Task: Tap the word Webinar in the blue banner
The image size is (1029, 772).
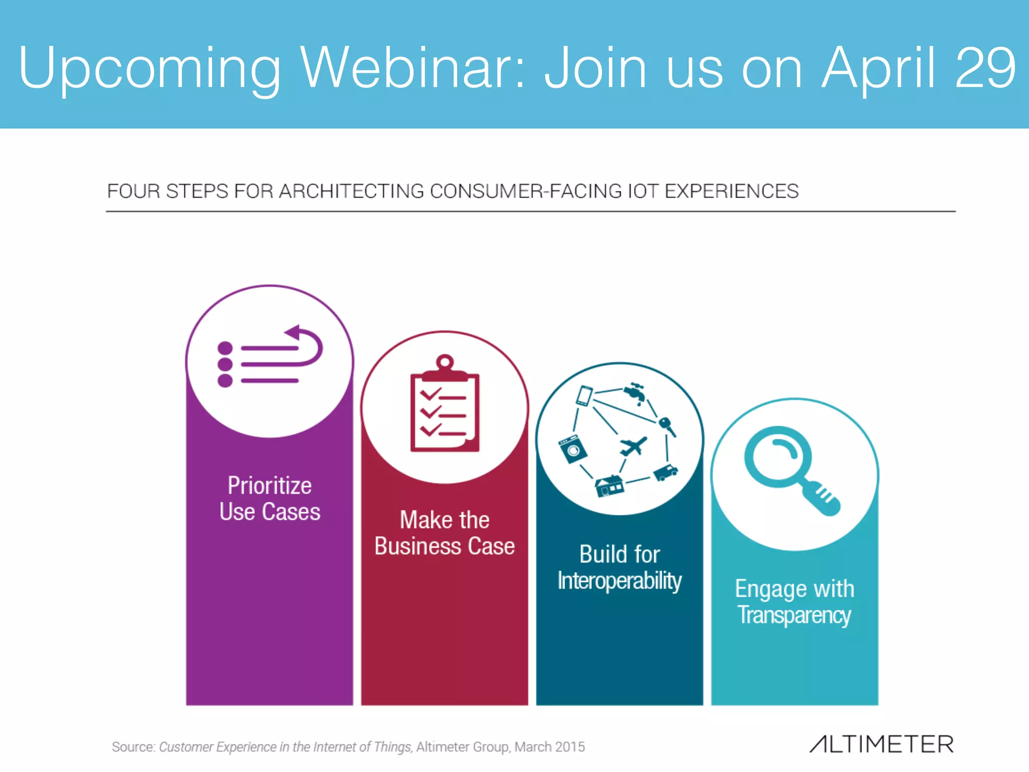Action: (x=412, y=68)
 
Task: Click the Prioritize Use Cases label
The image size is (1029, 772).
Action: (x=270, y=499)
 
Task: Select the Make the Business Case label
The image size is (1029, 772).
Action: (x=445, y=533)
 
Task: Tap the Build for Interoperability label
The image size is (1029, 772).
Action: (x=620, y=567)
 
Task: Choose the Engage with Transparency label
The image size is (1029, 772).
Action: (x=794, y=602)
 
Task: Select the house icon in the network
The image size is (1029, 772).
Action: (x=609, y=486)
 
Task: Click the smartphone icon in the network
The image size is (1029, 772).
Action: (x=584, y=396)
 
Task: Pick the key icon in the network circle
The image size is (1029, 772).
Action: (x=667, y=426)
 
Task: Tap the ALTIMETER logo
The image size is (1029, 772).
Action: (x=881, y=744)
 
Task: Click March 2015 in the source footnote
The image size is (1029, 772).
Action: (x=550, y=747)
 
